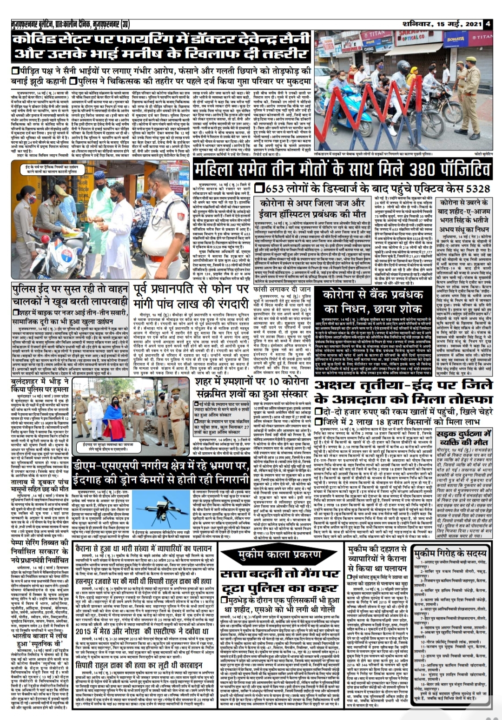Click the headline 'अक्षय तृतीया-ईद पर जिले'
point(403,385)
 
